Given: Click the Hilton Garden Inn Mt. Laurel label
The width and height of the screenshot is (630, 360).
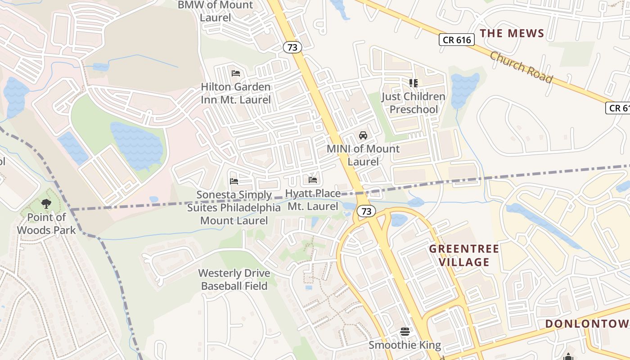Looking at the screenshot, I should (236, 93).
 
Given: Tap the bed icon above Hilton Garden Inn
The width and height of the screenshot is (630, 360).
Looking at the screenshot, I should (236, 73).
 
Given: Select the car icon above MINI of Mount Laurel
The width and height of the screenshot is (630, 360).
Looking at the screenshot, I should (363, 135).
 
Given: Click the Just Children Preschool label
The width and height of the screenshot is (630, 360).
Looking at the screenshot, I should (413, 103).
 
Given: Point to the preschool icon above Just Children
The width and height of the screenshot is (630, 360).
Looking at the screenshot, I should (413, 83).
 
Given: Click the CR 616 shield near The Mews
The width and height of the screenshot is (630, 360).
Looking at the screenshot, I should (457, 40).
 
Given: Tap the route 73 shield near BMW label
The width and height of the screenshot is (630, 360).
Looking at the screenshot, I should (292, 47).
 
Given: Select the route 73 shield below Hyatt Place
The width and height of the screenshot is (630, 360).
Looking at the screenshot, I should (366, 211).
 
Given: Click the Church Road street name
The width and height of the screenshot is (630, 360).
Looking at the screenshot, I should (521, 67).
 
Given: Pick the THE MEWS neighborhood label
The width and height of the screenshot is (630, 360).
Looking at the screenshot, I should (512, 33).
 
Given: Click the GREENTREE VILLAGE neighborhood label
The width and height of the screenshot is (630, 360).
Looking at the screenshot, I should (463, 255).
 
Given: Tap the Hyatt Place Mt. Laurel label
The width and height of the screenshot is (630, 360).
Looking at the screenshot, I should (313, 200).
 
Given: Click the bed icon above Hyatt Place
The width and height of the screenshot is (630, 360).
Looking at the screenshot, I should (313, 180).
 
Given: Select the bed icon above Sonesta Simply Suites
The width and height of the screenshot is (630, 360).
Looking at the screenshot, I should (234, 181).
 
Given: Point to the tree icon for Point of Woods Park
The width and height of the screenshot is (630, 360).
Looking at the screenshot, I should (46, 204).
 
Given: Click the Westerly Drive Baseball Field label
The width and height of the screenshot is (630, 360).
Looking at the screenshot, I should (234, 279).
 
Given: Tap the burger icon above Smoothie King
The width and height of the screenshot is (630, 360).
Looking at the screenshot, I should (405, 332).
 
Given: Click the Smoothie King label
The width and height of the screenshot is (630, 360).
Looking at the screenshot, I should (405, 345).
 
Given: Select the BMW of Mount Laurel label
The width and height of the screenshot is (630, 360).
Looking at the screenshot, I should (216, 11).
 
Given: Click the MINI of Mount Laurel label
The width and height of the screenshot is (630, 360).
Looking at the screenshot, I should (363, 155).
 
